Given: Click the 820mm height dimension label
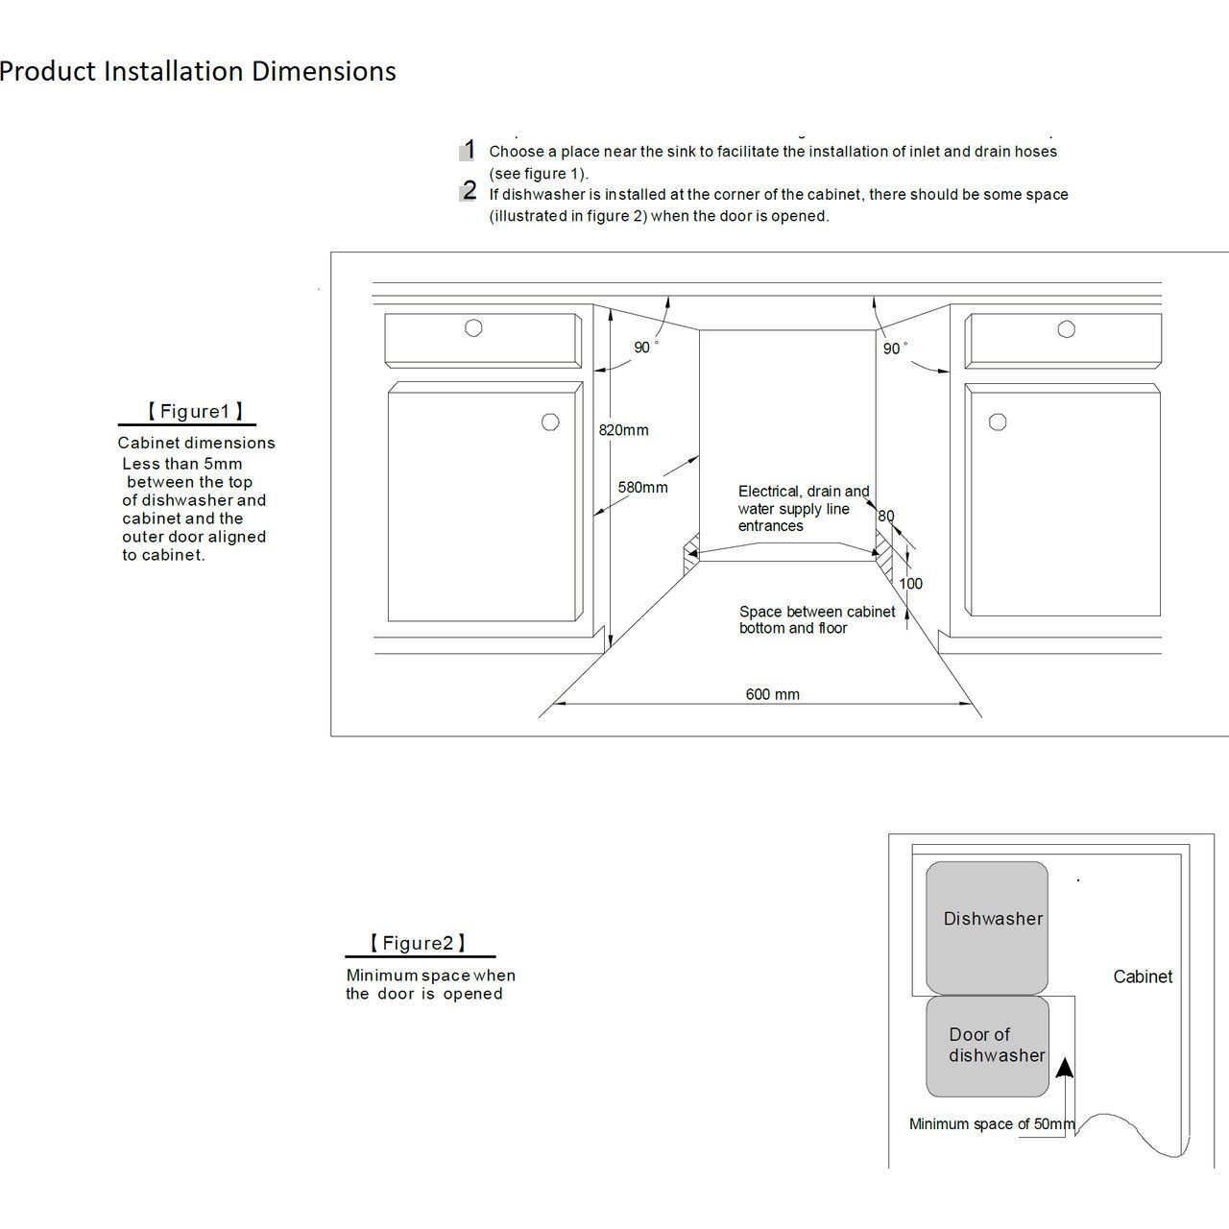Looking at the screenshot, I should pyautogui.click(x=623, y=430).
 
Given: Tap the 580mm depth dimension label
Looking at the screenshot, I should pyautogui.click(x=642, y=488).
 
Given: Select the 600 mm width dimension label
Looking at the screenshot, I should pyautogui.click(x=772, y=694).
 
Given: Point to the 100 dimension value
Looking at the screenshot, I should pyautogui.click(x=910, y=583).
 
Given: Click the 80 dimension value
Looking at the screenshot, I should pyautogui.click(x=885, y=516).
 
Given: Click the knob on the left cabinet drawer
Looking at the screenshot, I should pyautogui.click(x=473, y=327).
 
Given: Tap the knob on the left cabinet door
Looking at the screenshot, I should pyautogui.click(x=550, y=422).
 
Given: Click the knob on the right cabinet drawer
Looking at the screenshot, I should pyautogui.click(x=1066, y=329).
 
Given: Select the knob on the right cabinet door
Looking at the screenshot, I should pyautogui.click(x=998, y=422).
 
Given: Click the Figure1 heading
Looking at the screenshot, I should pyautogui.click(x=195, y=412).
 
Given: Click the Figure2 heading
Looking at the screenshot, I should pyautogui.click(x=418, y=943).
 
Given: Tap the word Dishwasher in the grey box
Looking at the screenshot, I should pyautogui.click(x=993, y=919).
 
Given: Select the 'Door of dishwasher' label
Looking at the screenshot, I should pyautogui.click(x=996, y=1045).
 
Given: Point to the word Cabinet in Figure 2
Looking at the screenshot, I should pyautogui.click(x=1143, y=976).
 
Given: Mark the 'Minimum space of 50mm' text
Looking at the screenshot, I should pyautogui.click(x=991, y=1124).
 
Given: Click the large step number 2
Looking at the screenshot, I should pyautogui.click(x=469, y=190).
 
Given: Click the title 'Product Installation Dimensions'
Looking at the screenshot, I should pyautogui.click(x=198, y=71).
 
